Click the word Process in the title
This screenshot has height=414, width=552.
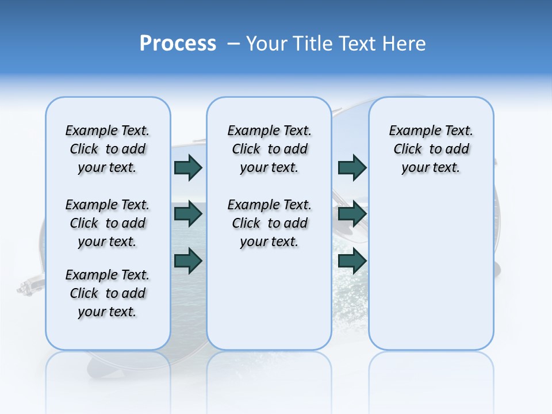[178, 44]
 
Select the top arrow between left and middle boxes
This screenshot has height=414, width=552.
[188, 167]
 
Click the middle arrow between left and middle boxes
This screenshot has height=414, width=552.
[188, 214]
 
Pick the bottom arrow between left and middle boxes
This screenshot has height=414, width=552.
[188, 260]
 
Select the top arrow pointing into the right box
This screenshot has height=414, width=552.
[352, 167]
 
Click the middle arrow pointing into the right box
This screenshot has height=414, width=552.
[352, 214]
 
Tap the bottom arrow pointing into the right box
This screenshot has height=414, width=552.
[352, 260]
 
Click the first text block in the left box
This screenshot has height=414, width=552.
[108, 149]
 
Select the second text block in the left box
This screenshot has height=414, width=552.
[108, 223]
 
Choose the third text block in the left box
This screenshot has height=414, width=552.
[108, 293]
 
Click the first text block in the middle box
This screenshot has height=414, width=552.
[269, 149]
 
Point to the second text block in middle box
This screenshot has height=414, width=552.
[269, 223]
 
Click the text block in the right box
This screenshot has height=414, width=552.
[431, 149]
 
